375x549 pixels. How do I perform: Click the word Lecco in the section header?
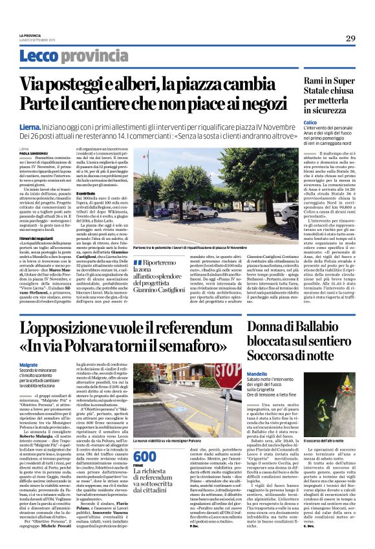click(39, 56)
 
